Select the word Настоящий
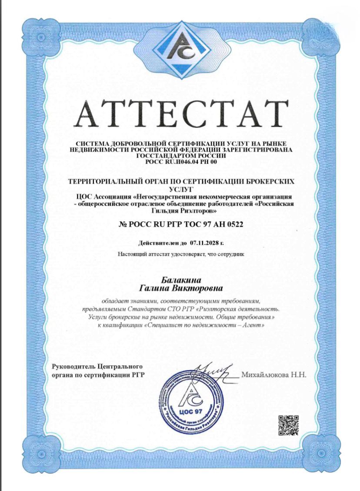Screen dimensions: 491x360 click(132, 253)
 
